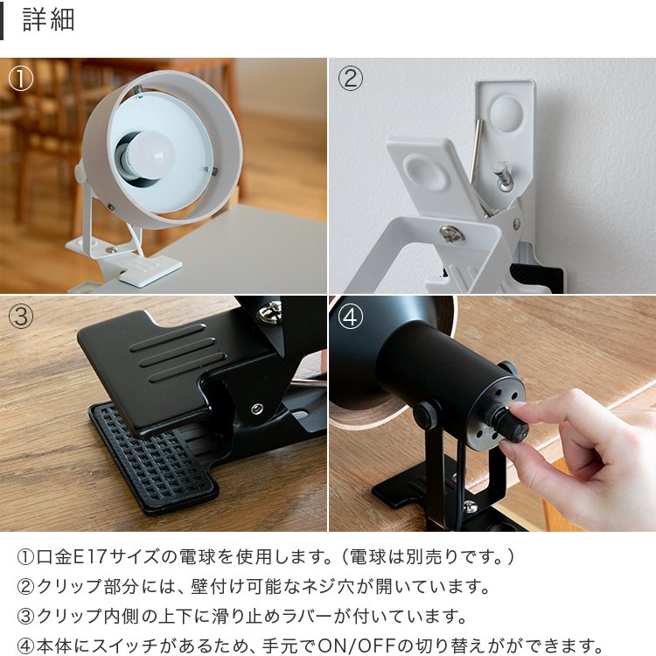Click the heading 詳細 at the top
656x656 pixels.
pos(48,20)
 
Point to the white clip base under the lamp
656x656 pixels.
pos(140,267)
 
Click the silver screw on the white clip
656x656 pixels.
pos(451,233)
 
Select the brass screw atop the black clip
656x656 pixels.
pos(270,311)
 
